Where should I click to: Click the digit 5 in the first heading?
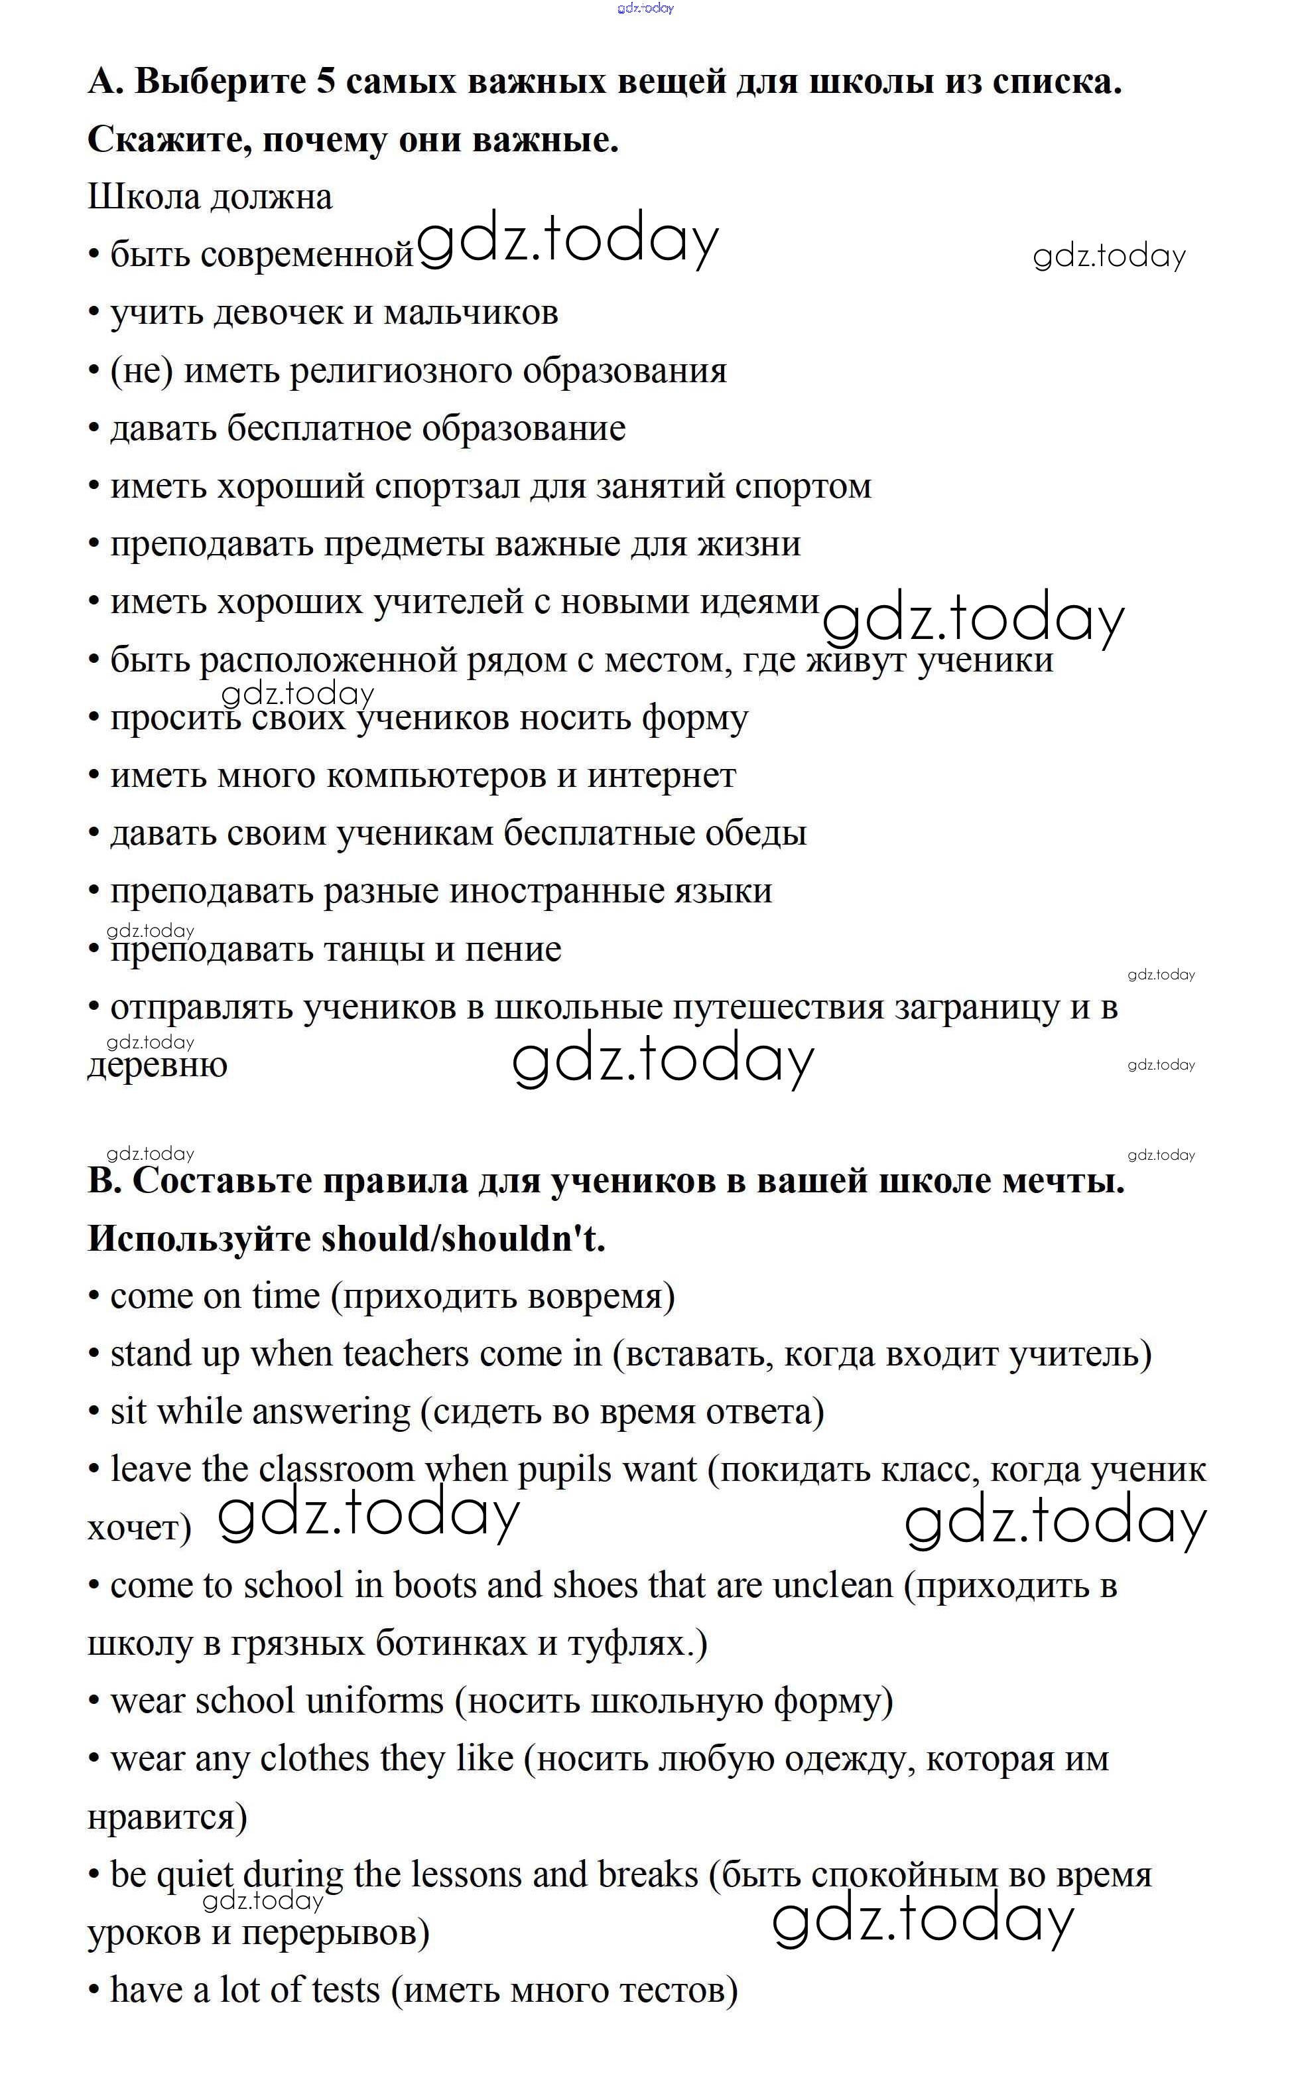(x=326, y=82)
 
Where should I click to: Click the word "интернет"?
(x=661, y=776)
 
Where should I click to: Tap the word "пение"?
(x=513, y=949)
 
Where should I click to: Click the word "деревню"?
(x=158, y=1066)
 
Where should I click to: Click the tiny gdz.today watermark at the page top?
(x=645, y=9)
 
